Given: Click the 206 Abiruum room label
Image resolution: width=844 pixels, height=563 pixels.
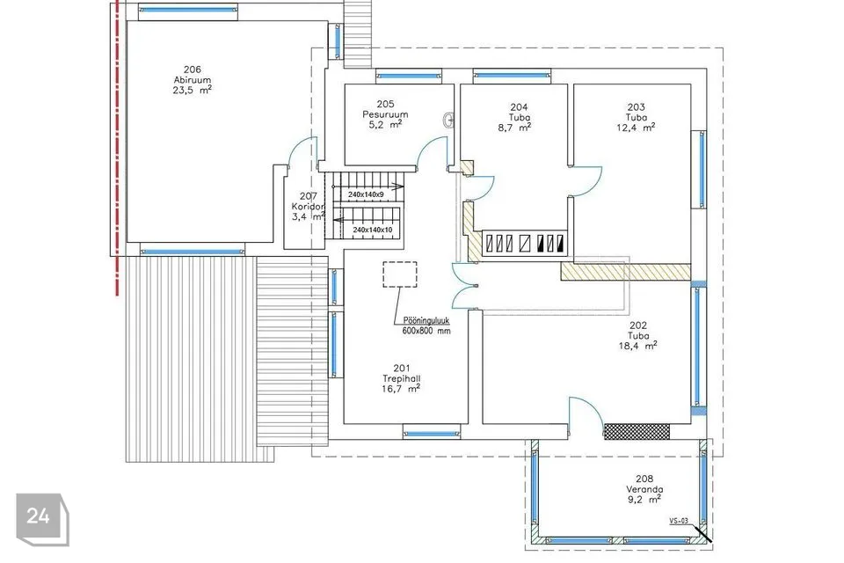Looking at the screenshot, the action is pyautogui.click(x=193, y=75).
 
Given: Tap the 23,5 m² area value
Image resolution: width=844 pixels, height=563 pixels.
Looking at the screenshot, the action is pyautogui.click(x=193, y=91).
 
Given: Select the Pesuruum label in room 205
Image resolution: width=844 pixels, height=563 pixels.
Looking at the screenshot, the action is pyautogui.click(x=385, y=114).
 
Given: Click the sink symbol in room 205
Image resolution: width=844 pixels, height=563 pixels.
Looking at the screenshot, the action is pyautogui.click(x=449, y=121).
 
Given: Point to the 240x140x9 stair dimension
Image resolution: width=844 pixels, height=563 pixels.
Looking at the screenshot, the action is pyautogui.click(x=366, y=194).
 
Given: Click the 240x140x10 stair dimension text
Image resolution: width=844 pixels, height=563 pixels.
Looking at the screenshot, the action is pyautogui.click(x=373, y=230).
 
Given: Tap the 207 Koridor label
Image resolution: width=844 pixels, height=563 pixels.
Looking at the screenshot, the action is pyautogui.click(x=309, y=201).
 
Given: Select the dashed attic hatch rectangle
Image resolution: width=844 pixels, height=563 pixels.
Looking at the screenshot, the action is pyautogui.click(x=400, y=274).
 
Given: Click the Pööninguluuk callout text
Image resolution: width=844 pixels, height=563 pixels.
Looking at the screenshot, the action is pyautogui.click(x=426, y=320).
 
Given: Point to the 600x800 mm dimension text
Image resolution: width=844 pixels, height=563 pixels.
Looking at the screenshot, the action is pyautogui.click(x=426, y=331).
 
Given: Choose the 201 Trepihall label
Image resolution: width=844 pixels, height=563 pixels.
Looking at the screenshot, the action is pyautogui.click(x=402, y=373).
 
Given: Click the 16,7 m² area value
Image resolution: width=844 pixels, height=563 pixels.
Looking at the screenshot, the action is pyautogui.click(x=401, y=389).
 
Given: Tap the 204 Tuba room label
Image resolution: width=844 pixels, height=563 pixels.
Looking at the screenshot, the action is pyautogui.click(x=519, y=112).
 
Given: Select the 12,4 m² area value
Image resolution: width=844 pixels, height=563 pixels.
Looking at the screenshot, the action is pyautogui.click(x=636, y=128).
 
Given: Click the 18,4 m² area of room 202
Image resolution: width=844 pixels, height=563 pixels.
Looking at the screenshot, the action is pyautogui.click(x=638, y=346).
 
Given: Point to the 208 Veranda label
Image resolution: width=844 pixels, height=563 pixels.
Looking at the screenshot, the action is pyautogui.click(x=644, y=484).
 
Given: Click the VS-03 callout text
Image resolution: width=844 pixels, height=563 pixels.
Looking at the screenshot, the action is pyautogui.click(x=679, y=521).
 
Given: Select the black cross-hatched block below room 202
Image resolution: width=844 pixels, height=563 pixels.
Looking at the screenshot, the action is pyautogui.click(x=637, y=432).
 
